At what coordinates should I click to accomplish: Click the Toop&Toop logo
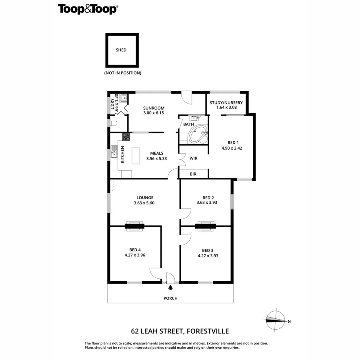click(88, 9)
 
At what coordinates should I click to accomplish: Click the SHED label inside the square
click(121, 50)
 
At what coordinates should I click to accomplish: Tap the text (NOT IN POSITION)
click(123, 73)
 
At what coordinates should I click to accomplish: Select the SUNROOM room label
click(154, 108)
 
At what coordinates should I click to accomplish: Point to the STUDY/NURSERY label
click(226, 102)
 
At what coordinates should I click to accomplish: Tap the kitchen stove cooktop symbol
click(126, 136)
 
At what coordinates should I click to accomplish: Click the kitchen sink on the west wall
click(114, 152)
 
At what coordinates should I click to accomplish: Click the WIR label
click(194, 158)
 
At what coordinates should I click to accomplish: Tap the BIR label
click(193, 174)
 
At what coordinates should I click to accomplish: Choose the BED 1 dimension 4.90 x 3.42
click(232, 148)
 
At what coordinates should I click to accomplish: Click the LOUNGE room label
click(144, 197)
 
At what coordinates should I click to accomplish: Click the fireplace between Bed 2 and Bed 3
click(205, 226)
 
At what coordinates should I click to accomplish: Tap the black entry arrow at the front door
click(171, 287)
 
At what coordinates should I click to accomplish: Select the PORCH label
click(170, 298)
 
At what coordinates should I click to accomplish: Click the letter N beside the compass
click(289, 321)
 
